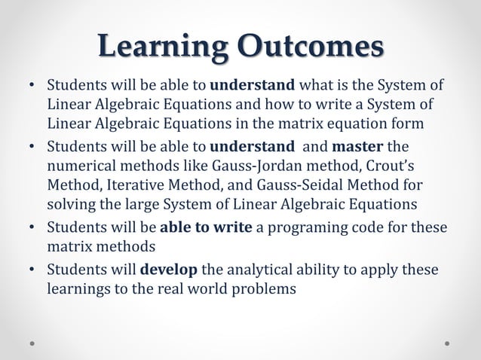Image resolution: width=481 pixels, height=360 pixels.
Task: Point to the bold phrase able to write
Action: (x=206, y=227)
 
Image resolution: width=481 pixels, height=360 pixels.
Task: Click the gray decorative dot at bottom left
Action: (x=33, y=341)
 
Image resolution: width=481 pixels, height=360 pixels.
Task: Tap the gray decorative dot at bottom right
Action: (x=447, y=341)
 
